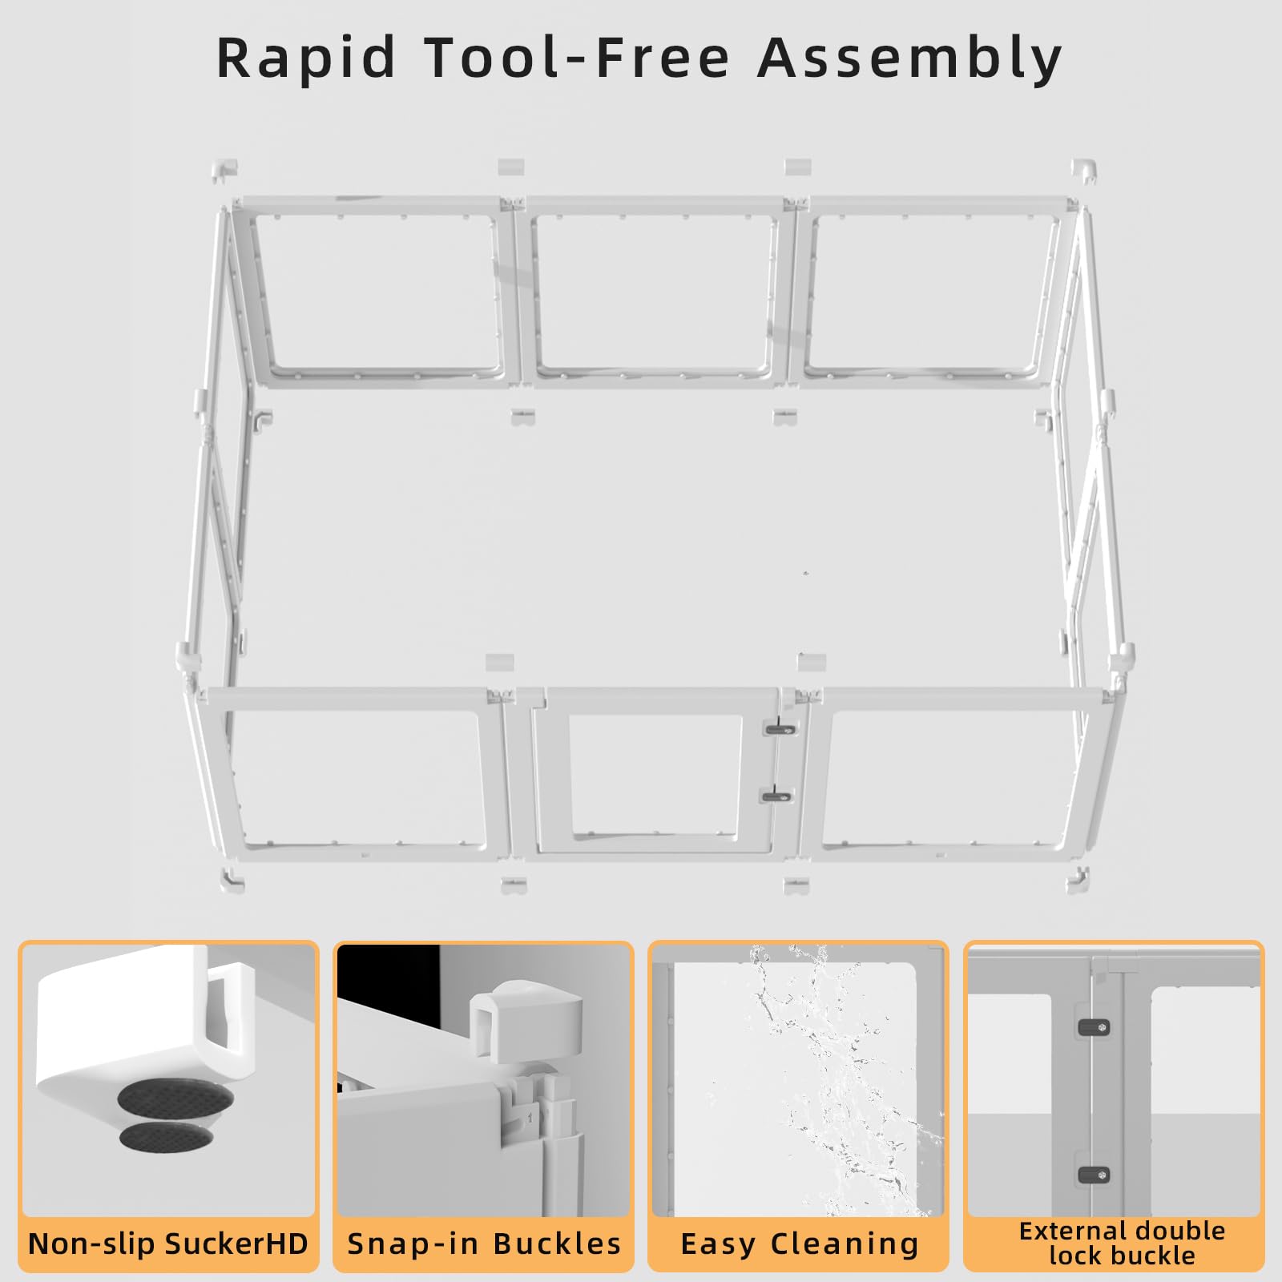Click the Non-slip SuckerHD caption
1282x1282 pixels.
(168, 1244)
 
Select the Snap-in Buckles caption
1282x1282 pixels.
(484, 1244)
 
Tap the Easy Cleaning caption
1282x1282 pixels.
(799, 1244)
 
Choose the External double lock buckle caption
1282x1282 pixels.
(1122, 1243)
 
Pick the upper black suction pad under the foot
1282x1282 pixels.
(175, 1100)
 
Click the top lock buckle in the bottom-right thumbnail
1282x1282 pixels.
(1094, 1027)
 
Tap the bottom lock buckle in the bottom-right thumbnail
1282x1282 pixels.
(1094, 1175)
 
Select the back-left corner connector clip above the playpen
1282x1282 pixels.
(225, 171)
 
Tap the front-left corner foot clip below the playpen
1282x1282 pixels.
(232, 879)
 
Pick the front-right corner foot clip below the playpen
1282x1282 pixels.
(1078, 880)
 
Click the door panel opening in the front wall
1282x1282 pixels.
(655, 773)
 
